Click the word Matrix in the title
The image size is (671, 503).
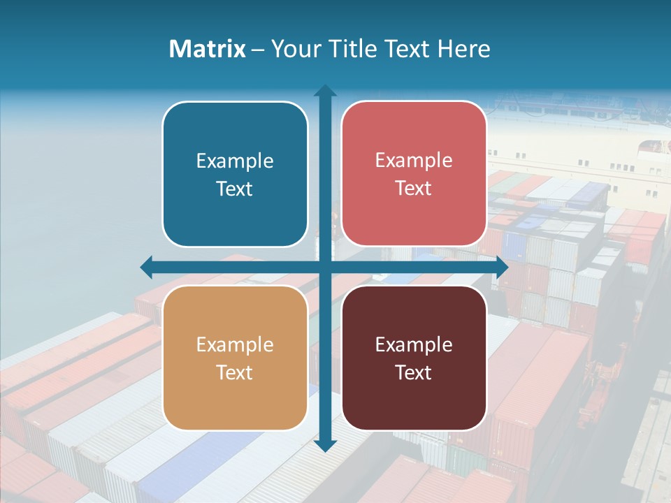207,49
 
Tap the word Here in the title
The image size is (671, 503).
463,49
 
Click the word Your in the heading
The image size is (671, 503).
294,49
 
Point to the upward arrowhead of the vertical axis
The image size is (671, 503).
325,92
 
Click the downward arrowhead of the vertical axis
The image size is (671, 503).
325,445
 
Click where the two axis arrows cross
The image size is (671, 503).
325,267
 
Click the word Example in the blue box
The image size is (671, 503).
235,161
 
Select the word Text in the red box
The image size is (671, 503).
414,189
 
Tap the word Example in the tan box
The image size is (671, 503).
235,344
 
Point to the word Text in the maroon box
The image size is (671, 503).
414,372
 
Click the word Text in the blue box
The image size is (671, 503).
235,189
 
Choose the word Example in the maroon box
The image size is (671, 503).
414,344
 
